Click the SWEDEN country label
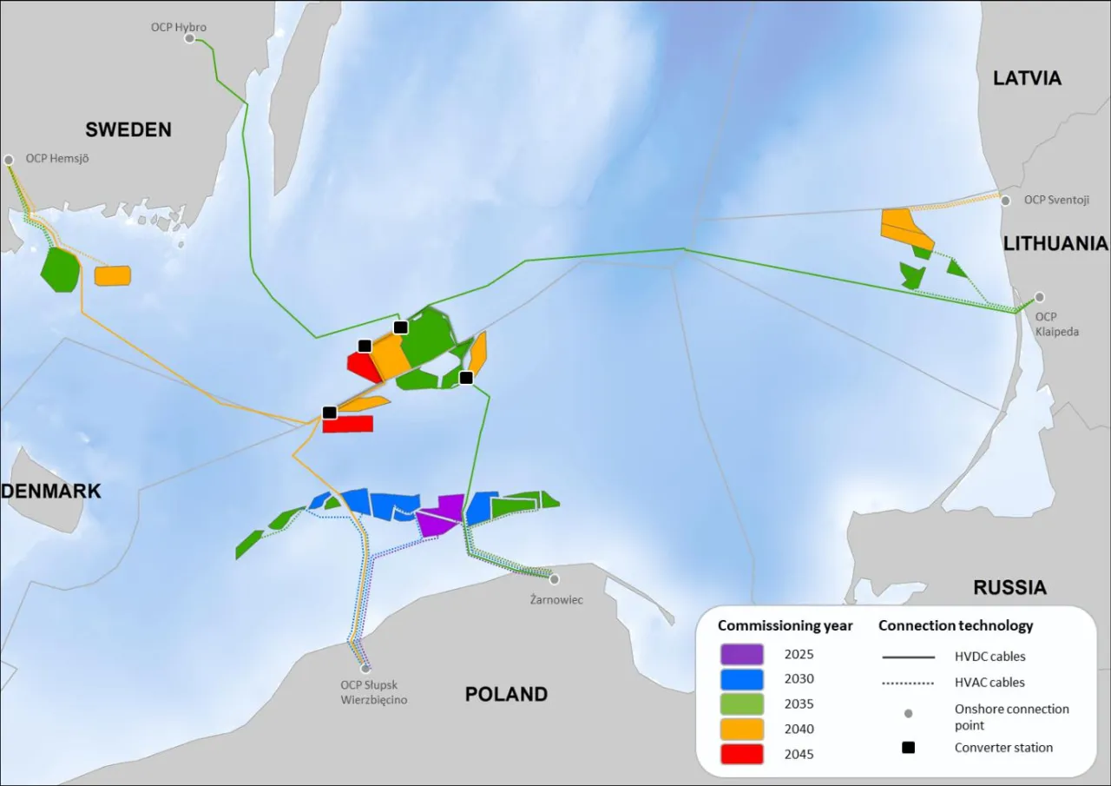[x=128, y=129]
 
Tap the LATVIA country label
[x=1027, y=78]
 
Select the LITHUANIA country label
[x=1055, y=243]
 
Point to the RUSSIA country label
[x=1009, y=587]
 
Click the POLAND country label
[x=506, y=694]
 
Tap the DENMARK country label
[x=51, y=491]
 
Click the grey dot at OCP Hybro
[x=189, y=38]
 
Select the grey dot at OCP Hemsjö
[x=9, y=160]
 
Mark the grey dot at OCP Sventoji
[x=1005, y=201]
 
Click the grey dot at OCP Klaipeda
[x=1039, y=297]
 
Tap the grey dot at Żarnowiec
[x=554, y=579]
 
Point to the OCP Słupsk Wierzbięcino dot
[x=365, y=669]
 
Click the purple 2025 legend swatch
[x=741, y=654]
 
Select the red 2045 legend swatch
[x=741, y=754]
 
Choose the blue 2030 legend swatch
[x=741, y=679]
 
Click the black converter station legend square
[x=908, y=747]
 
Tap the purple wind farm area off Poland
[x=441, y=514]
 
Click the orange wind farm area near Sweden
[x=112, y=275]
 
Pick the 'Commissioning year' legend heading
[x=785, y=625]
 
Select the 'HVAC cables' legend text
[x=989, y=683]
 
